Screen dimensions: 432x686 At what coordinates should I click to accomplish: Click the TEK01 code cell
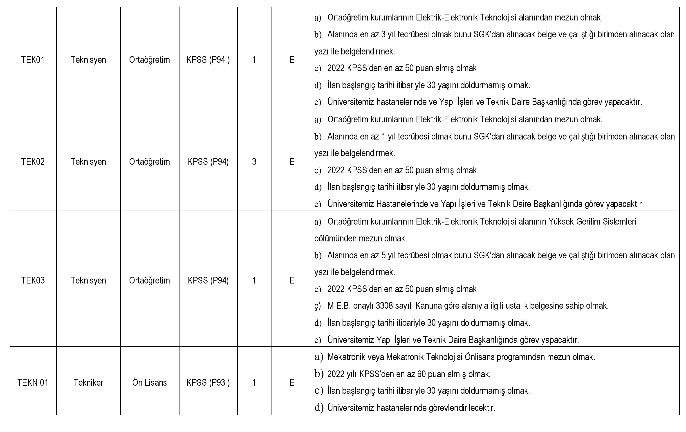[x=33, y=60]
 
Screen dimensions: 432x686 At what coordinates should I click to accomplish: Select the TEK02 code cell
[x=33, y=162]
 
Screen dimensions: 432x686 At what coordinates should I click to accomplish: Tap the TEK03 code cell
[x=33, y=281]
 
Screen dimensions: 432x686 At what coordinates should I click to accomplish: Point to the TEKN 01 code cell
[x=33, y=383]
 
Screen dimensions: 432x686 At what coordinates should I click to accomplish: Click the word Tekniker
[x=88, y=383]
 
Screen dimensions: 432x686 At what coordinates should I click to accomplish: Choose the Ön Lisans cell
[x=150, y=383]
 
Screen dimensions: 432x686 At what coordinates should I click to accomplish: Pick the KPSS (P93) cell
[x=208, y=383]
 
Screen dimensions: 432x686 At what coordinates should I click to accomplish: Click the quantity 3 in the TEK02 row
[x=254, y=162]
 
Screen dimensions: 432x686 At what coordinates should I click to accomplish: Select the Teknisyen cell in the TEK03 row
[x=88, y=281]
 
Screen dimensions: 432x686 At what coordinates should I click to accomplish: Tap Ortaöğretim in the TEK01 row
[x=150, y=60]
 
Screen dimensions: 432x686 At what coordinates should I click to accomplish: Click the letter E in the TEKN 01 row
[x=292, y=383]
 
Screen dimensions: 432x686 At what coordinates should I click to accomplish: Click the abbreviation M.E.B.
[x=339, y=306]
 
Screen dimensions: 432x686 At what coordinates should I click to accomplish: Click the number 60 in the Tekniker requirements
[x=421, y=374]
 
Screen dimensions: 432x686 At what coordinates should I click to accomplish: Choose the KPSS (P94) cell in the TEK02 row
[x=208, y=162]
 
